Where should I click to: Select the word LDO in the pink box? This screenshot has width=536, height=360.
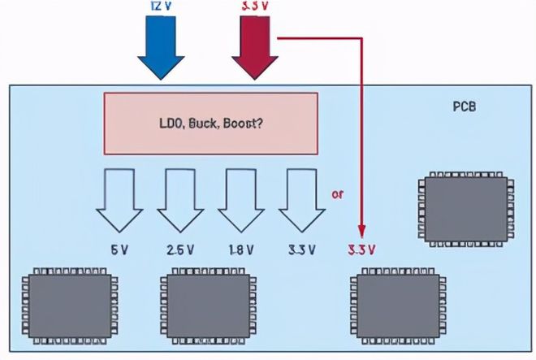point(173,124)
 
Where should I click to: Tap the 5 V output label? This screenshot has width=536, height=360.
point(119,248)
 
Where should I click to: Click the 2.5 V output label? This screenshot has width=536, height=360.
point(180,248)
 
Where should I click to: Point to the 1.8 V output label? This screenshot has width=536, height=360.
point(241,248)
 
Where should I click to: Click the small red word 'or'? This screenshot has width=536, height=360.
point(337,194)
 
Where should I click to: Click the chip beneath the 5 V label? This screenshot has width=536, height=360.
point(69,303)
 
